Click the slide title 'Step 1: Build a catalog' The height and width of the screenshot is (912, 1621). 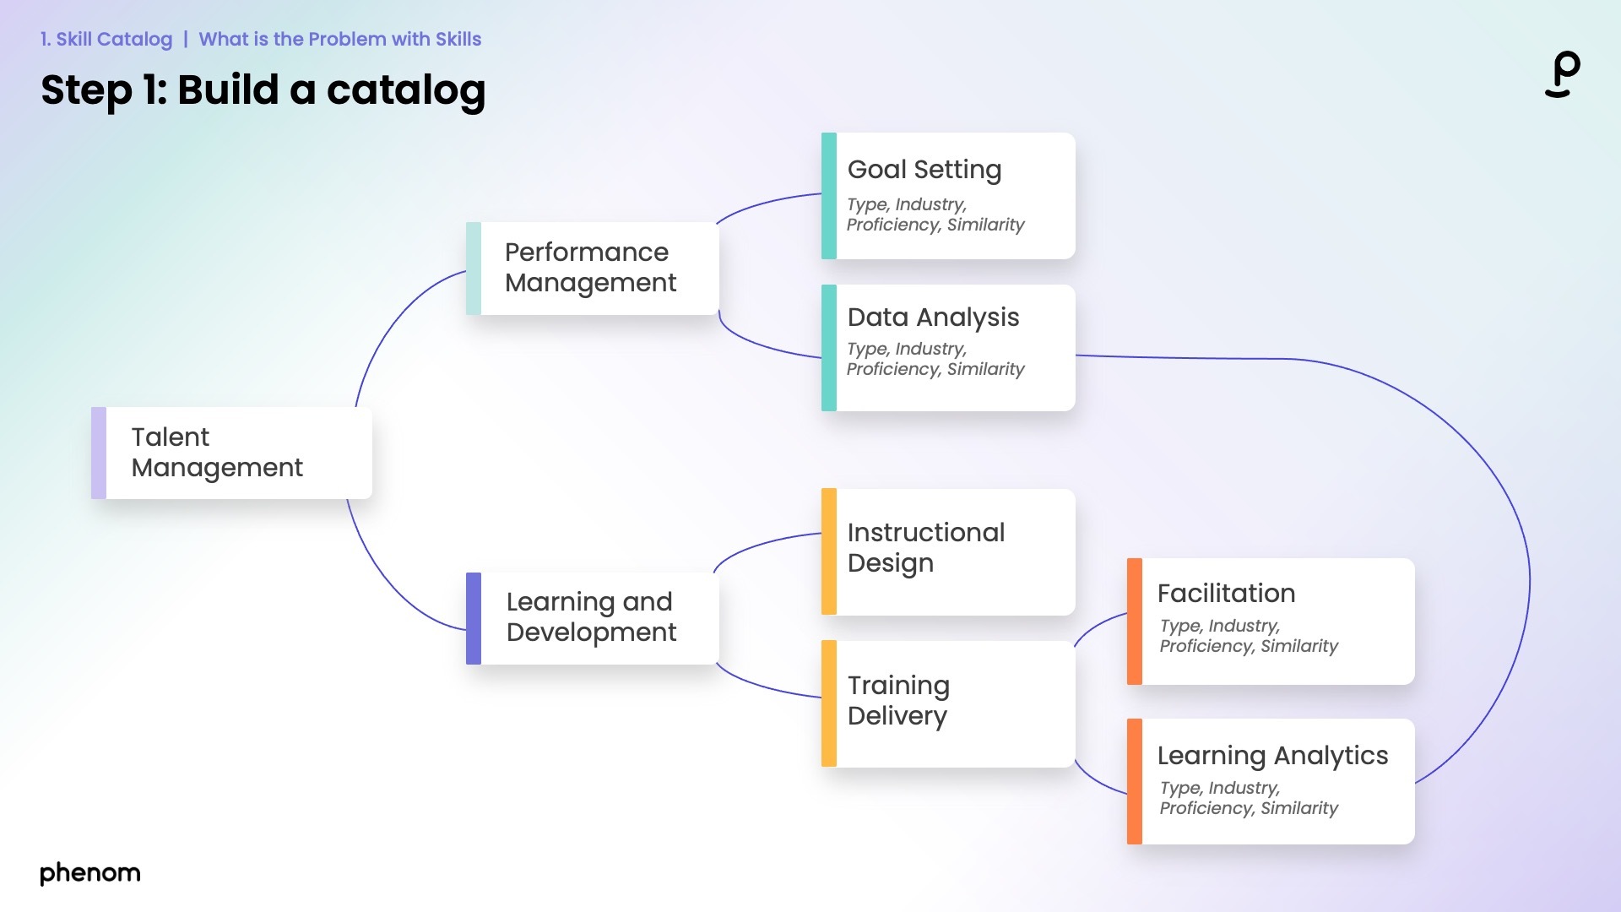(263, 90)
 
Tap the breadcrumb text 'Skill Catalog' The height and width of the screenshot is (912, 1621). (114, 39)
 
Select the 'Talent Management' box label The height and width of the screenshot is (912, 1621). (217, 453)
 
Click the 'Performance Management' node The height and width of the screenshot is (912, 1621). (591, 268)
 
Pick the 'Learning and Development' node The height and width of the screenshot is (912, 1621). (591, 617)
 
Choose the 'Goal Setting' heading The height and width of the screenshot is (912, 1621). (924, 170)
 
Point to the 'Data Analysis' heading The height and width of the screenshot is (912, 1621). (933, 318)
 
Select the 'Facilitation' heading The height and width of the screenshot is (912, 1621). (1226, 594)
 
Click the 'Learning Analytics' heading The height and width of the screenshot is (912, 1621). (1272, 756)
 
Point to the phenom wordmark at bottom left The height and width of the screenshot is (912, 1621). (90, 873)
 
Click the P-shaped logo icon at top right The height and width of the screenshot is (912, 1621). (1563, 74)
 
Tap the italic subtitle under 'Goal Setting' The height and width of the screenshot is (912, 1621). (935, 215)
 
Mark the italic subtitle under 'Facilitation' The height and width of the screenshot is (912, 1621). (1248, 637)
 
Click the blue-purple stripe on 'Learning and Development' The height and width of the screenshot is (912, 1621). (474, 618)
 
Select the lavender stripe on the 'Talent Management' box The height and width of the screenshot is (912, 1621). (99, 453)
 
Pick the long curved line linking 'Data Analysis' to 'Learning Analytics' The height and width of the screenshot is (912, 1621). (1528, 574)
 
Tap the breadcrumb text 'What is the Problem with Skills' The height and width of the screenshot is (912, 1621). (339, 39)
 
